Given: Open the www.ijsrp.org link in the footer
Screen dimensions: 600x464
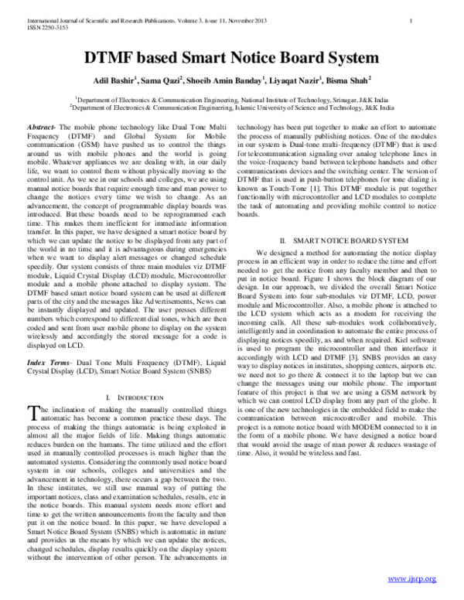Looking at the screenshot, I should tap(411, 578).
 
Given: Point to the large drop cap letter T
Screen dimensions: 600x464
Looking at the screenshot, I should tap(32, 413).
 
